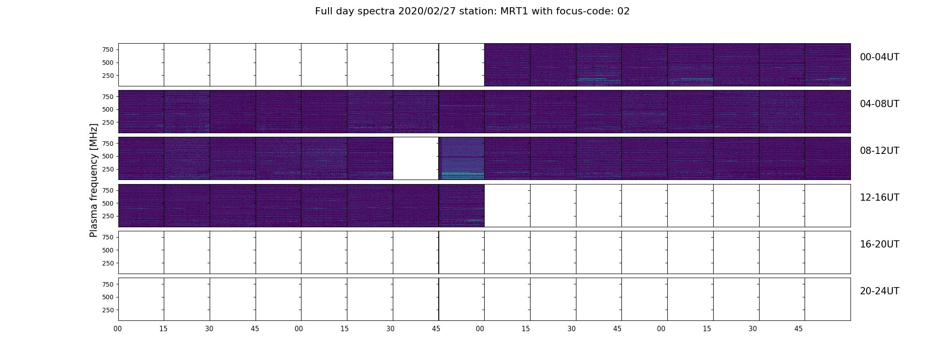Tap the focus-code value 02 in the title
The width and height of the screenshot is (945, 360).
point(623,11)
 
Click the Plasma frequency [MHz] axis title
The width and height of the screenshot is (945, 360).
point(94,180)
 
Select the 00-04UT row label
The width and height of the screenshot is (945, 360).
point(879,57)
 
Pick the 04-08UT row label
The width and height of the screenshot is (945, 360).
point(879,104)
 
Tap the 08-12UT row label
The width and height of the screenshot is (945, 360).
point(879,151)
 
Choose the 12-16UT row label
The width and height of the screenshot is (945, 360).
point(879,198)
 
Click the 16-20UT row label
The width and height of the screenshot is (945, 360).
point(879,244)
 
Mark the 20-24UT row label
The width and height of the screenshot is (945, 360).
point(879,291)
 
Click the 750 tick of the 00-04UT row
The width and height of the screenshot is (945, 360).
point(108,49)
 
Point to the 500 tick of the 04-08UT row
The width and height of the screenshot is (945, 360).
point(108,109)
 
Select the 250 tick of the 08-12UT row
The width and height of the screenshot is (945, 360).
point(108,169)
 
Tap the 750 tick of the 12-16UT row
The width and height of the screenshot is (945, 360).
point(108,190)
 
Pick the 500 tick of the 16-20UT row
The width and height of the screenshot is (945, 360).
point(108,250)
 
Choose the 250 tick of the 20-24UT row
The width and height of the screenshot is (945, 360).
point(108,310)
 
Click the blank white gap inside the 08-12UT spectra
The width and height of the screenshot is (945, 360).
point(416,158)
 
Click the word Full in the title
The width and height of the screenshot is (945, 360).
point(324,11)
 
